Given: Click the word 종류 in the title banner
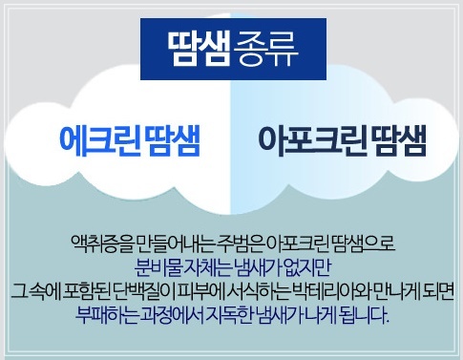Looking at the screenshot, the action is (265, 49).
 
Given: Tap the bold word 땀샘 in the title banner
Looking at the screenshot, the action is (199, 49).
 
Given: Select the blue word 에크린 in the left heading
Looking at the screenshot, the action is (99, 141).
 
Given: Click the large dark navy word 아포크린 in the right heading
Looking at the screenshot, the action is (310, 141).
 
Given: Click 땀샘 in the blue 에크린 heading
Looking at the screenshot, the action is (172, 141).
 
